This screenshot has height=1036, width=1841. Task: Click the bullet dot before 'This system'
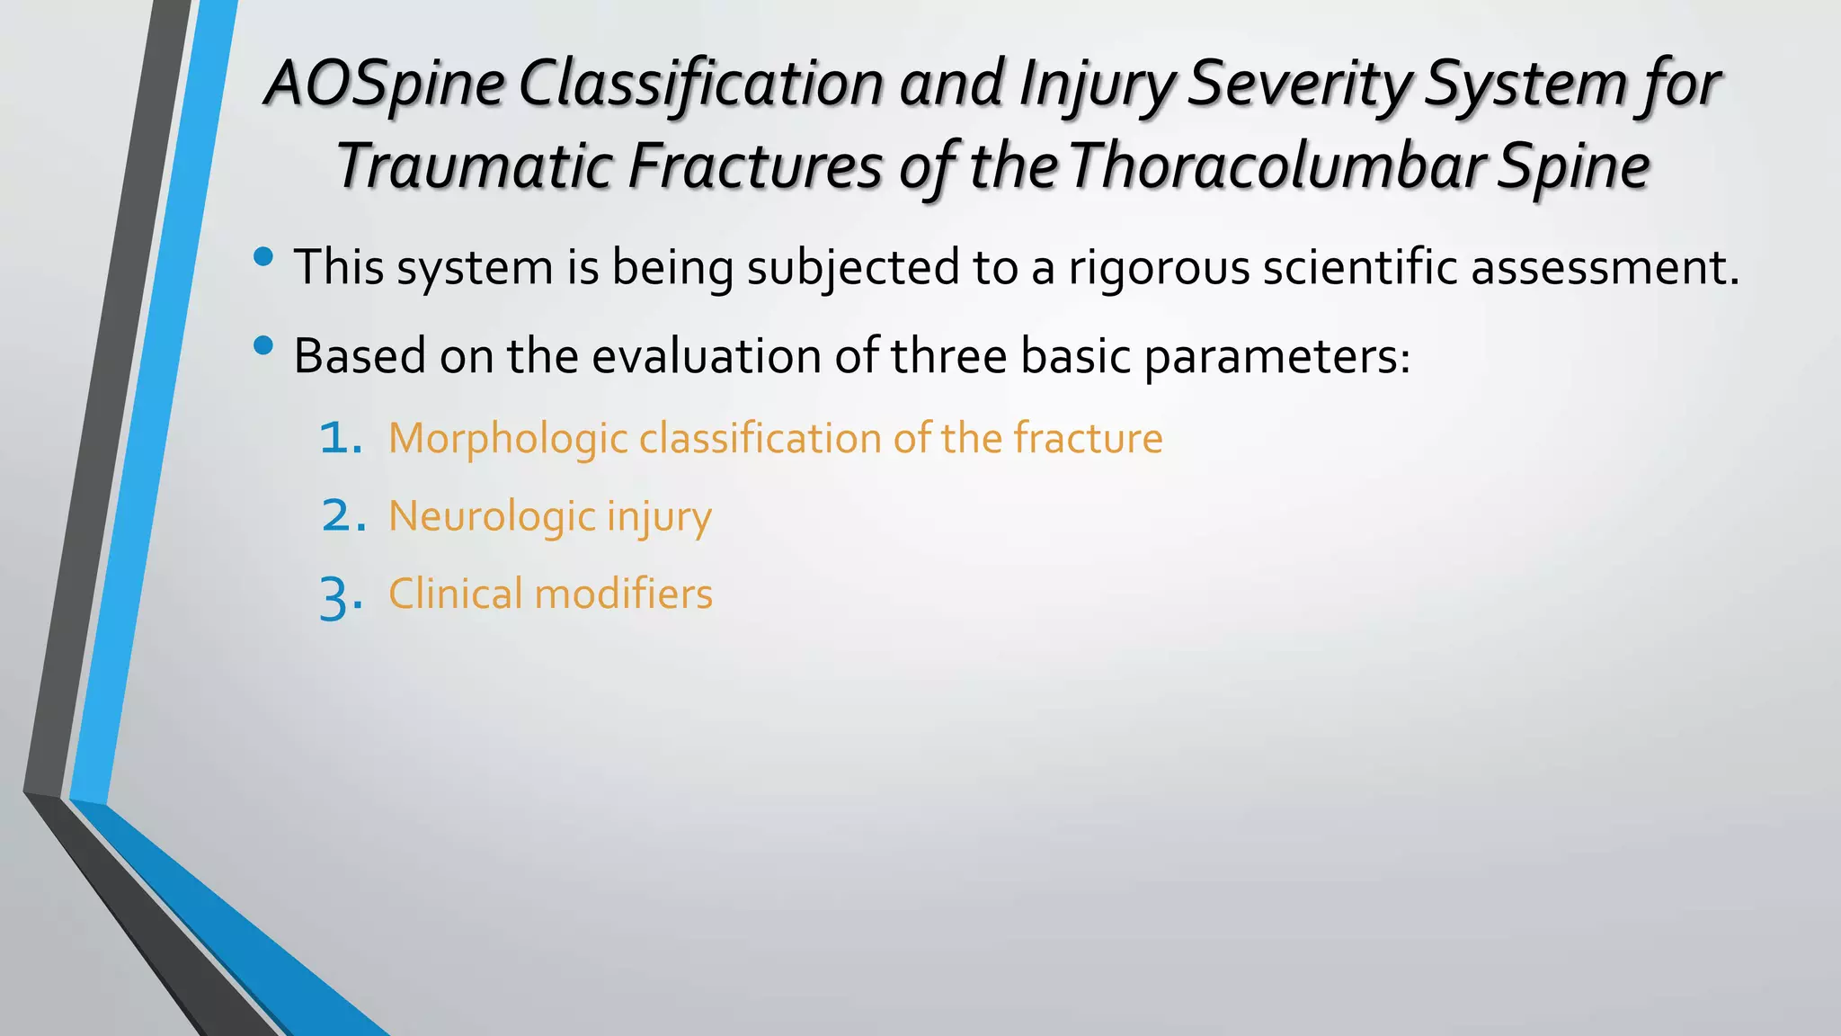[263, 258]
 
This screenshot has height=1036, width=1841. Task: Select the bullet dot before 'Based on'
[263, 346]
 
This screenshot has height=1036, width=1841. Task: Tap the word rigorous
[1158, 268]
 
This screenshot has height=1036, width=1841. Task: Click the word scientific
[1359, 268]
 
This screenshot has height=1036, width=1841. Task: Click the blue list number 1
[341, 439]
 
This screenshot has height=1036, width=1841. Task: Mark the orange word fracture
[1088, 438]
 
